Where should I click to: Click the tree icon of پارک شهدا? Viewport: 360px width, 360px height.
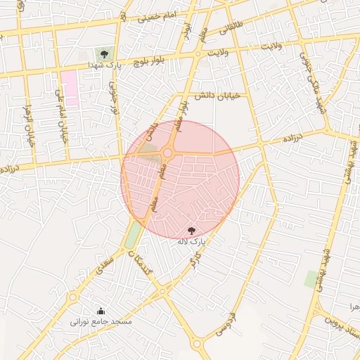[x=104, y=53]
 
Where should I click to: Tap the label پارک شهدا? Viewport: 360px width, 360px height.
[x=105, y=65]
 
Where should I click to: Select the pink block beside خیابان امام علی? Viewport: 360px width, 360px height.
[x=69, y=87]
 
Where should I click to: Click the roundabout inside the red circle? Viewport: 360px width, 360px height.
[x=168, y=153]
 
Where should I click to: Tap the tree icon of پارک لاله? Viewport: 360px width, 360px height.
[x=193, y=230]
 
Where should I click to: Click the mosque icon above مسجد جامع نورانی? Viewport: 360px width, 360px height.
[x=100, y=311]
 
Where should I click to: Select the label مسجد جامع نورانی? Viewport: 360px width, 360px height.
[x=101, y=321]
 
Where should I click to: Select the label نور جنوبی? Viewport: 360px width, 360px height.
[x=112, y=98]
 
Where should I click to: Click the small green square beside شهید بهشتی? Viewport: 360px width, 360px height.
[x=310, y=279]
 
